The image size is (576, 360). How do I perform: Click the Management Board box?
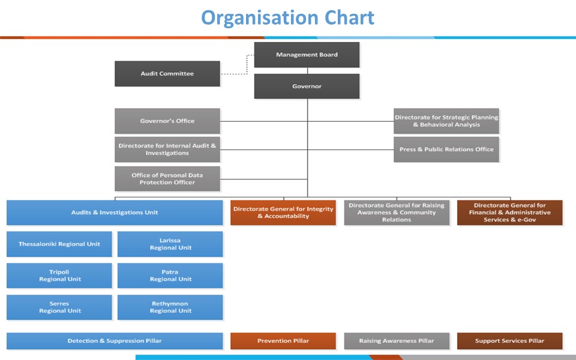307,55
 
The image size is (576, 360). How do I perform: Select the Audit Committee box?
167,74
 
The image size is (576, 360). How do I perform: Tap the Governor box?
307,86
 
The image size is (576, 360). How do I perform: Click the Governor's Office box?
167,121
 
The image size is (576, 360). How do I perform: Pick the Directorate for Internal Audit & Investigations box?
167,149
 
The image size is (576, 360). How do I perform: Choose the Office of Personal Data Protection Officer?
167,179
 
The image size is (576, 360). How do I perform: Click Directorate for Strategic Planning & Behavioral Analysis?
446,121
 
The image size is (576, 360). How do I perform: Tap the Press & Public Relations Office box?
446,149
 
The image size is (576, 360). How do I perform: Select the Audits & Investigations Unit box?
115,212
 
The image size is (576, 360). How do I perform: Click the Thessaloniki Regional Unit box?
59,244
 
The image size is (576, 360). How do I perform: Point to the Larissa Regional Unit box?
170,244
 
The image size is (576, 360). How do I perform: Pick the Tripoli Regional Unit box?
59,275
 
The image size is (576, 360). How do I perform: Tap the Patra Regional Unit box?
170,275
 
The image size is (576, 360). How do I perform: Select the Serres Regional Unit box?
59,307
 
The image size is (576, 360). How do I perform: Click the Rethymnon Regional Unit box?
170,307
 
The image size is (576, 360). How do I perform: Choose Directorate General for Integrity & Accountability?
283,212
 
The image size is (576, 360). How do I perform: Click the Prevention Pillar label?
283,341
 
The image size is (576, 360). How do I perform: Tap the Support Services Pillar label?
509,341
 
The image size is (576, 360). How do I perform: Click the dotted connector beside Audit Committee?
237,73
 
